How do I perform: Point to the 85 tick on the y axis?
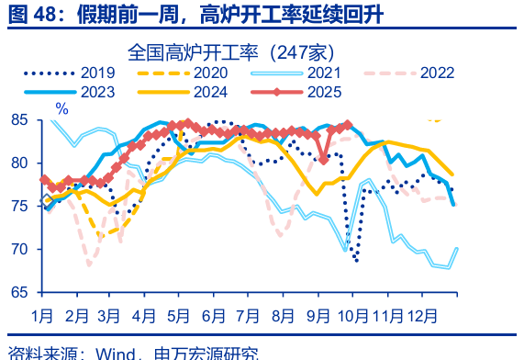click(20, 119)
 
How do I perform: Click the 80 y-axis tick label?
click(20, 163)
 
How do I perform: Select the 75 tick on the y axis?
click(20, 206)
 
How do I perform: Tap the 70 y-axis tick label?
click(20, 249)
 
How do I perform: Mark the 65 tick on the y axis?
click(20, 292)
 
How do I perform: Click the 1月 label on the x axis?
click(41, 316)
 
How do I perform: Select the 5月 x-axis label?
click(178, 316)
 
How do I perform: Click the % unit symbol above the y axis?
click(61, 108)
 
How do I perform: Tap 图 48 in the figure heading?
click(28, 15)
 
